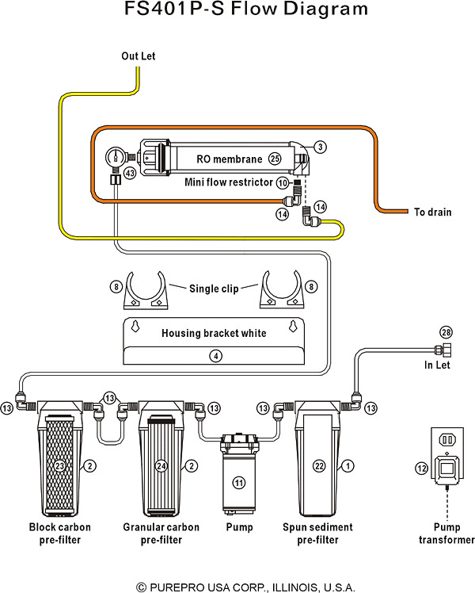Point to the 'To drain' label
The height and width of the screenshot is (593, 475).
click(x=433, y=212)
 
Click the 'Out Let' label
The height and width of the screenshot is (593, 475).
click(x=139, y=56)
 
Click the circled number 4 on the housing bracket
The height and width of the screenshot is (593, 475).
click(x=214, y=356)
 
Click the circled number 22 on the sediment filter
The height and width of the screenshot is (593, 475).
click(x=320, y=467)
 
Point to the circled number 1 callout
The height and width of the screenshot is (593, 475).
click(x=347, y=467)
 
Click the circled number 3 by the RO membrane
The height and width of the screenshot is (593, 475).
click(x=320, y=147)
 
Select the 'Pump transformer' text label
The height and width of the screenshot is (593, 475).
click(x=446, y=534)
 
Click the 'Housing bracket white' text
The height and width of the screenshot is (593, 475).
click(x=214, y=333)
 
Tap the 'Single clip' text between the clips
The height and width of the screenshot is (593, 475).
click(x=214, y=289)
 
